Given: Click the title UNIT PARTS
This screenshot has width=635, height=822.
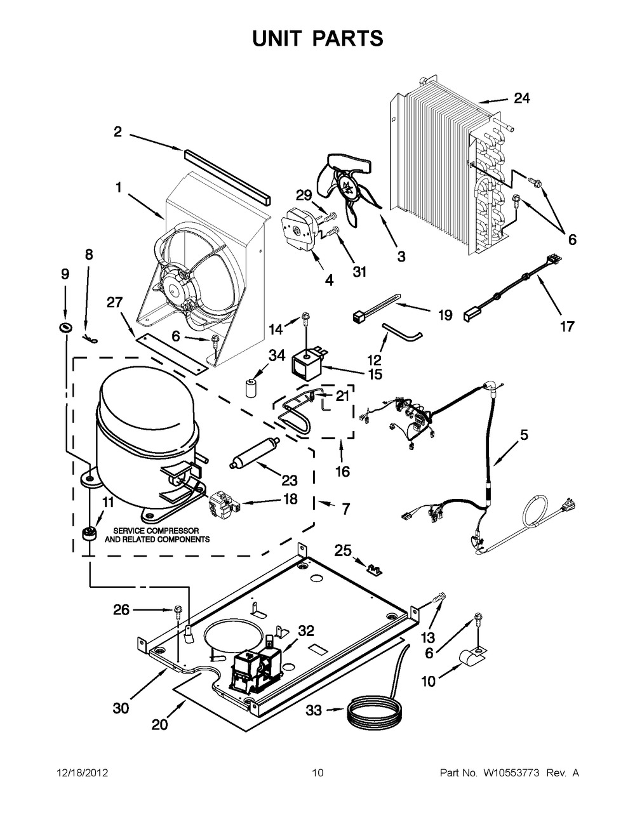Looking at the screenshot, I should tap(317, 38).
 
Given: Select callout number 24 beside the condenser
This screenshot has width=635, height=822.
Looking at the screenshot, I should tap(521, 98).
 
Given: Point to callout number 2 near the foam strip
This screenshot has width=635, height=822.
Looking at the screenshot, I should tap(117, 132).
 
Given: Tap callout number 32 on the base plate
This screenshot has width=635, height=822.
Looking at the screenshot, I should tap(306, 630).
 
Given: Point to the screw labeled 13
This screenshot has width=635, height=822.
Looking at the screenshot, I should tap(440, 597).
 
